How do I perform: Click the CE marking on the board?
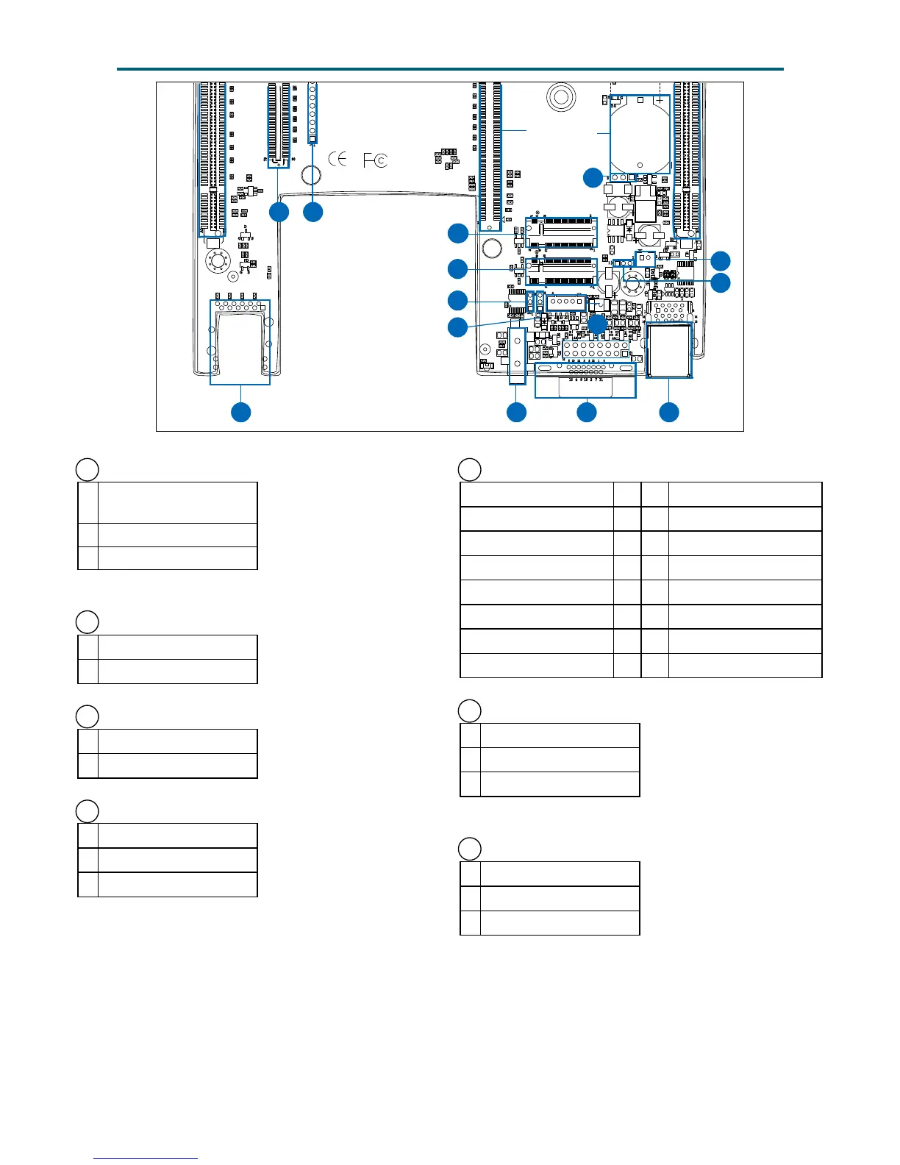[x=337, y=159]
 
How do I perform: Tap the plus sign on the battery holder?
[x=660, y=100]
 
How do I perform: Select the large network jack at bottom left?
[x=240, y=341]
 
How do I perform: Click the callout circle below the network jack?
[x=240, y=412]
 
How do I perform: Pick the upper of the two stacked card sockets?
[x=561, y=232]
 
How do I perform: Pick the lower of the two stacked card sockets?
[x=560, y=271]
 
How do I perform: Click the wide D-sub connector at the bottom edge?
[x=585, y=380]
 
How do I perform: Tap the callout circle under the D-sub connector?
[x=586, y=412]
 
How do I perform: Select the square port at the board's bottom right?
[x=669, y=350]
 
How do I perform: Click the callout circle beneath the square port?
[x=669, y=412]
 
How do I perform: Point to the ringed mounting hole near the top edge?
[x=560, y=96]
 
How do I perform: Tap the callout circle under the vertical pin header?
[x=313, y=212]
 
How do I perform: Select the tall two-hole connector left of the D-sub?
[x=518, y=356]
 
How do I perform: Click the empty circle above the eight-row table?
[x=469, y=469]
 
